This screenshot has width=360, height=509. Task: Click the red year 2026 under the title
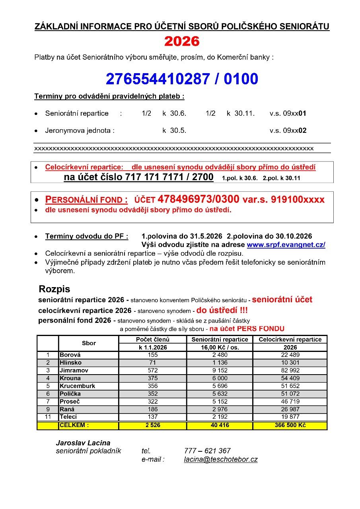point(182,41)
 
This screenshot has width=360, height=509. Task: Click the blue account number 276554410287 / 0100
point(182,79)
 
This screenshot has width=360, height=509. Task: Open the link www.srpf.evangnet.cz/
point(286,245)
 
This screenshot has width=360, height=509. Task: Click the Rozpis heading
point(54,289)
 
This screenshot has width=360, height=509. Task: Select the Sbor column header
point(89,343)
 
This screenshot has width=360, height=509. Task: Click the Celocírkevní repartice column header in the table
point(290,340)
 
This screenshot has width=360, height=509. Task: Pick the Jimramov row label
point(74,370)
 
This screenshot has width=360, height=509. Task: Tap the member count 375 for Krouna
point(152,378)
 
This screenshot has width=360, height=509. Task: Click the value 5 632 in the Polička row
point(220,394)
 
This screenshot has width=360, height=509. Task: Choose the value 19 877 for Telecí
point(290,417)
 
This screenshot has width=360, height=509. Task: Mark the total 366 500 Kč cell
point(290,425)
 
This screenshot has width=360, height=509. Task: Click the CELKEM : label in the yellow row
point(74,425)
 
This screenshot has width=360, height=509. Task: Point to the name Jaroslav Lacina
point(83,443)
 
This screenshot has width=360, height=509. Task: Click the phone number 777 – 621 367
point(207,451)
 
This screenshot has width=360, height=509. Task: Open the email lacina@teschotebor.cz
point(221,459)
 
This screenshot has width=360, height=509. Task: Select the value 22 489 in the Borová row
point(290,355)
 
